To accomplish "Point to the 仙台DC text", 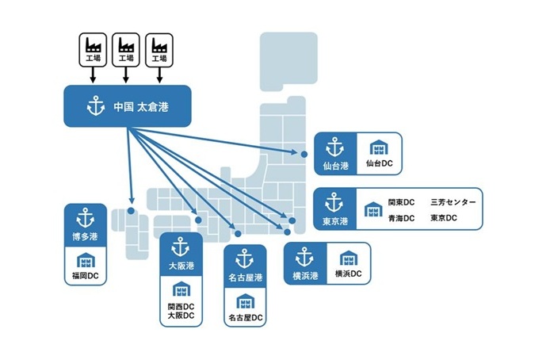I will pyautogui.click(x=380, y=164).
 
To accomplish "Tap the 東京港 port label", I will pyautogui.click(x=334, y=220).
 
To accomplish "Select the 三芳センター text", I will pyautogui.click(x=453, y=202).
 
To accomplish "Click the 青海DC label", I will pyautogui.click(x=401, y=218).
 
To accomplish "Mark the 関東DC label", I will pyautogui.click(x=401, y=202).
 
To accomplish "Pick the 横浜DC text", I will pyautogui.click(x=348, y=274).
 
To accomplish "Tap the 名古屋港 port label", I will pyautogui.click(x=244, y=277).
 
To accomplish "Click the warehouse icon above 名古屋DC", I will pyautogui.click(x=245, y=300).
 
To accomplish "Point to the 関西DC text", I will pyautogui.click(x=182, y=305).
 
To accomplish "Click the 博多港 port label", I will pyautogui.click(x=85, y=236).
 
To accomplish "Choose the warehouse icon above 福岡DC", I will pyautogui.click(x=85, y=259).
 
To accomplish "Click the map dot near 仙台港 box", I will pyautogui.click(x=303, y=153).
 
